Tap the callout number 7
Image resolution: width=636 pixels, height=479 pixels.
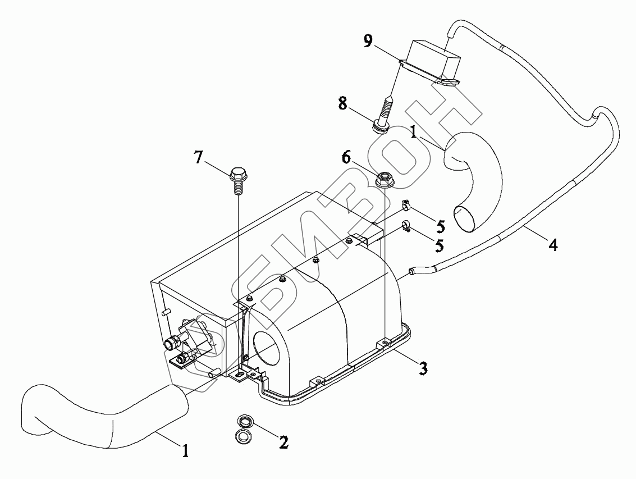[199, 157]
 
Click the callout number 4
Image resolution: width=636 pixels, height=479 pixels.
[553, 245]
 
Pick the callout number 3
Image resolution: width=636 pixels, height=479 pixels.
[424, 368]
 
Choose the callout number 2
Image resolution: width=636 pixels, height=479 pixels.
[283, 442]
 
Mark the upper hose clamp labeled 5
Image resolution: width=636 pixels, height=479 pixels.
[407, 206]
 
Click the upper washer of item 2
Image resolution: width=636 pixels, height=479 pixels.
[244, 421]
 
